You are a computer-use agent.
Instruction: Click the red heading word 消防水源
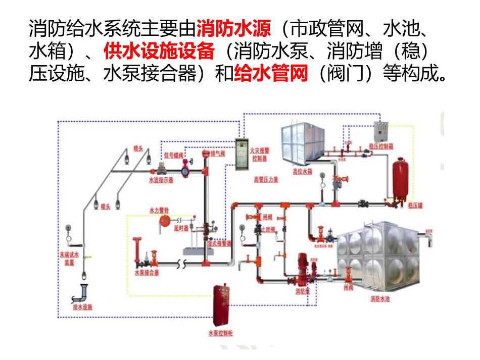234,27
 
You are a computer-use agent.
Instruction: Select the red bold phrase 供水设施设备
160,51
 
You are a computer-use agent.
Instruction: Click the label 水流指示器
161,180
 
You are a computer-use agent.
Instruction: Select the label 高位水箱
302,172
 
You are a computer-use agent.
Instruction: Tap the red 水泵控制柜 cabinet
221,305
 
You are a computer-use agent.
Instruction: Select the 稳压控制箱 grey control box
381,132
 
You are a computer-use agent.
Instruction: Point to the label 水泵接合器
147,272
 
